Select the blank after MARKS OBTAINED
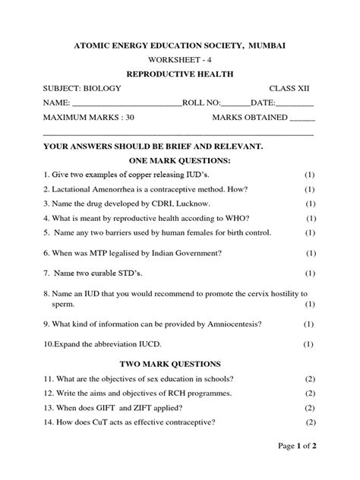(302, 118)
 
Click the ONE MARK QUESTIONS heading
(180, 161)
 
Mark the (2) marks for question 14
(311, 422)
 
